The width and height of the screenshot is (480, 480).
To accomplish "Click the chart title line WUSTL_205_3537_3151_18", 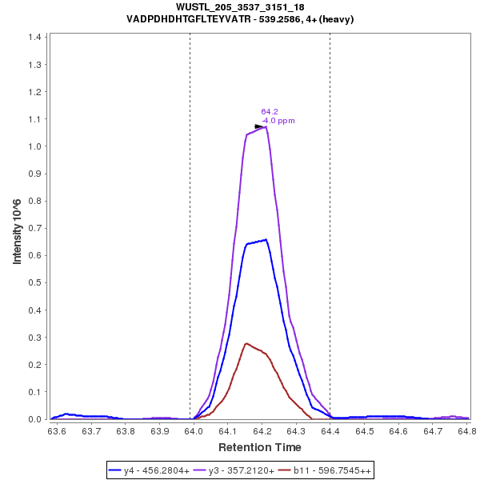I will pos(240,7).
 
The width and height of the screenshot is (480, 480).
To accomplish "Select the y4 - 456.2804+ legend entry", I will pos(151,470).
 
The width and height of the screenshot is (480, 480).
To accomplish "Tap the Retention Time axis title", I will pos(261,447).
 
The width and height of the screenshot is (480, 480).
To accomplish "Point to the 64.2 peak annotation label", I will pos(270,112).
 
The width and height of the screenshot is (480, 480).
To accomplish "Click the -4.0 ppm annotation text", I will pos(278,121).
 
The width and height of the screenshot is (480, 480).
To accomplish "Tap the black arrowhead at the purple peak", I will pos(259,126).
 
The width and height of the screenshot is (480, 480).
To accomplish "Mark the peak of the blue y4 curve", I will pos(265,239).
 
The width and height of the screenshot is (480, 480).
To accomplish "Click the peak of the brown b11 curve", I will pos(246,343).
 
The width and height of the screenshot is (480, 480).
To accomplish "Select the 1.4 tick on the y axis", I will pos(36,38).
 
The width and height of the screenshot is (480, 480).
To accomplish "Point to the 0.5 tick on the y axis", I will pos(36,283).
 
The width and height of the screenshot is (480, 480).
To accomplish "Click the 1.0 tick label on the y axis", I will pos(36,146).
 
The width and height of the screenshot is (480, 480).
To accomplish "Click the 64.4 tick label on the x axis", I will pos(330,430).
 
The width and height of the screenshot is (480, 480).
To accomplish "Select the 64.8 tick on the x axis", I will pos(466,430).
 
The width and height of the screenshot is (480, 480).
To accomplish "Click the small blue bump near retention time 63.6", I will pos(66,414).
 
